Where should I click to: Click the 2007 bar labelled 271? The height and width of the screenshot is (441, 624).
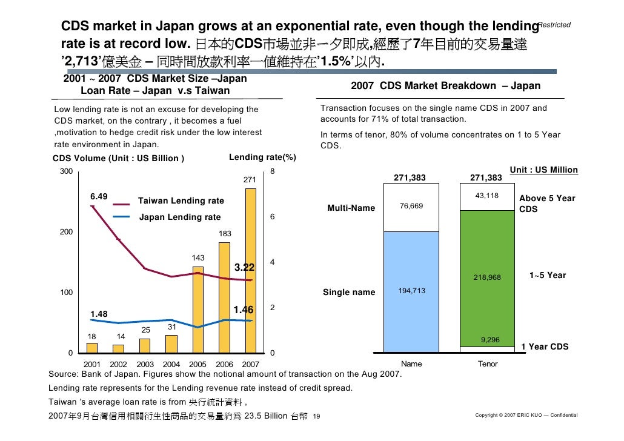(251, 270)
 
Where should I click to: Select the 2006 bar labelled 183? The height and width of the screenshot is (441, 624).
(224, 297)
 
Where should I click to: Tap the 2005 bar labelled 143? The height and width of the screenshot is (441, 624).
(198, 309)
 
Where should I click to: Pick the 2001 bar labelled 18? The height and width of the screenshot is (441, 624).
(92, 348)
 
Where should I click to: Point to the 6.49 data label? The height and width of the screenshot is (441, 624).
(99, 197)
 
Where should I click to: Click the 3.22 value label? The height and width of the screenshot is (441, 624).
(244, 267)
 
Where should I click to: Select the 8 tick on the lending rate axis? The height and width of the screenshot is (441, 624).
(273, 172)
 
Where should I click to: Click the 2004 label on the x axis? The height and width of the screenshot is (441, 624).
(171, 365)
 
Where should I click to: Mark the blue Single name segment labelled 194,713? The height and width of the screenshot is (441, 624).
(411, 291)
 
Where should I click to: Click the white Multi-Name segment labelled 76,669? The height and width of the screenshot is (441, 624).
(411, 207)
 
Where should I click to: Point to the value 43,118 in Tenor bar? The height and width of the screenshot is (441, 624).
(487, 196)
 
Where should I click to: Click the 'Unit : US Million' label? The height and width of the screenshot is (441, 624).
(543, 170)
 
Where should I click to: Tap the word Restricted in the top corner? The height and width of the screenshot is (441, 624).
(554, 25)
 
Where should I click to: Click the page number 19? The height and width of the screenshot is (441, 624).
(316, 416)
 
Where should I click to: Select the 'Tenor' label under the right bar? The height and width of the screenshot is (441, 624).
(488, 364)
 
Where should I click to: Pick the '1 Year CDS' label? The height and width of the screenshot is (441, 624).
(545, 347)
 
